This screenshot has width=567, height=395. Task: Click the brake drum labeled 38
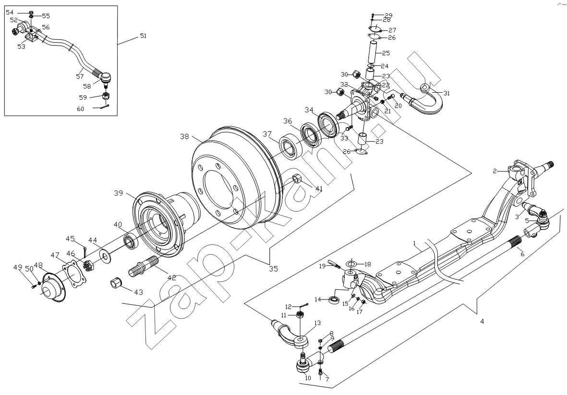click(235, 177)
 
